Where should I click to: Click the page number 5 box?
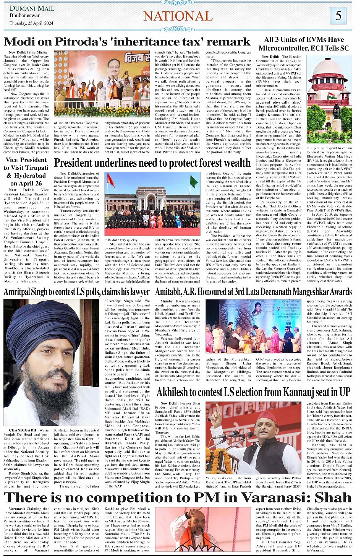click(x=338, y=16)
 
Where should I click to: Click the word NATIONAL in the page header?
click(x=178, y=16)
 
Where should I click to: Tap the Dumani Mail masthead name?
click(x=31, y=8)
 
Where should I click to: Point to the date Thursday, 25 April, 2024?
click(x=31, y=23)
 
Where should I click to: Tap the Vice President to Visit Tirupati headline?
click(x=26, y=171)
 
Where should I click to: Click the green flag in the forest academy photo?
click(x=194, y=181)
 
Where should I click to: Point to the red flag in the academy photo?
click(x=111, y=180)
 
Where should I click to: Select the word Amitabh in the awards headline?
click(x=168, y=292)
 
